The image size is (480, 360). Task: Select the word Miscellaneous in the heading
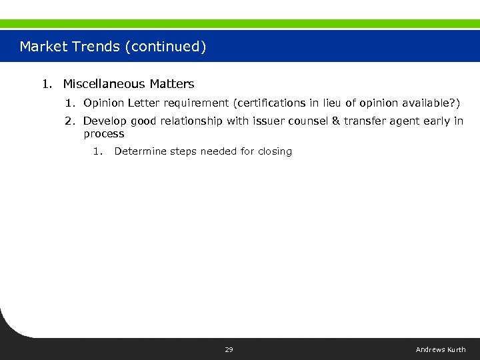pos(104,84)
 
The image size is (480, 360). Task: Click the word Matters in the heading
pos(172,84)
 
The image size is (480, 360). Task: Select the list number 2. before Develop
pos(71,121)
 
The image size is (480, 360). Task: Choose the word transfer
pos(365,121)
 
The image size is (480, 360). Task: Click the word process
pos(103,134)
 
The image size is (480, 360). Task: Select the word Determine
pos(140,151)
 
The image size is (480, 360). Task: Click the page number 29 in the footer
pos(229,350)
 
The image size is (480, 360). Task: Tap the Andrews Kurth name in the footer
pos(441,350)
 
